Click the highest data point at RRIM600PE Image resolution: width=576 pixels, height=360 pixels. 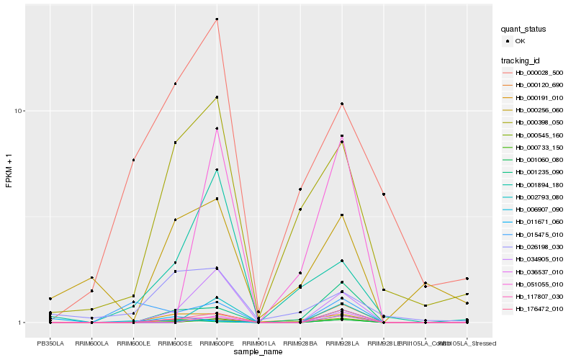(217, 19)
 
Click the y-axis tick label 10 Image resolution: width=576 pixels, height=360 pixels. (19, 111)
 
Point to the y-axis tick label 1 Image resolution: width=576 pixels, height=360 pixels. (22, 323)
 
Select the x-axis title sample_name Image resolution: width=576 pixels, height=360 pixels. (258, 352)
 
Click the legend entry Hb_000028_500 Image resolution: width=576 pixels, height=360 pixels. (539, 73)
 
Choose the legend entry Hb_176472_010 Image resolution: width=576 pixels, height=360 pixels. (539, 309)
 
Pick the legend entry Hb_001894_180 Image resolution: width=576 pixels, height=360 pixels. (539, 185)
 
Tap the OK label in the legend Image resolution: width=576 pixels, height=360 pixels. (520, 41)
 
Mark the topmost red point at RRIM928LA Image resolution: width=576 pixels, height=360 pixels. (342, 104)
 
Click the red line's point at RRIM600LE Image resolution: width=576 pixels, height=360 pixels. (134, 160)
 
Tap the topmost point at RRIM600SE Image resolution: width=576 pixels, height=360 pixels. (175, 84)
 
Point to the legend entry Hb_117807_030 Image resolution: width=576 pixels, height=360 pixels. (539, 297)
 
